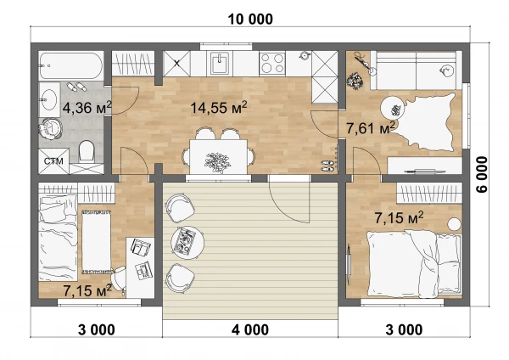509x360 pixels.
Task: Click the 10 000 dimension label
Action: pos(250,20)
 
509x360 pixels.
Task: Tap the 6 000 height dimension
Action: pos(482,174)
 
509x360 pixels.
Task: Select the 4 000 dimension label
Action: pos(250,329)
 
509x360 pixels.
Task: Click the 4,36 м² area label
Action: pos(87,107)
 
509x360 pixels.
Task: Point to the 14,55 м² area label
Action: pos(219,107)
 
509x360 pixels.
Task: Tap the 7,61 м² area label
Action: pos(371,128)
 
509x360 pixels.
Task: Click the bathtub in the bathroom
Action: pos(70,66)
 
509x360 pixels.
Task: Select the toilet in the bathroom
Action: pos(87,151)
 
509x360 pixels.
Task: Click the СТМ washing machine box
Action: pos(53,161)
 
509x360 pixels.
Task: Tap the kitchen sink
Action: pos(221,64)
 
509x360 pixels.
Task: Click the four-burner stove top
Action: pos(272,63)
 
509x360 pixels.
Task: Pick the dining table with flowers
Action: pos(218,156)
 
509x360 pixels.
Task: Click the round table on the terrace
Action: pos(187,242)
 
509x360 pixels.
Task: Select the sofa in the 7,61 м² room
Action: pos(417,70)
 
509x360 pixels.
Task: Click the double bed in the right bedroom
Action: pos(414,263)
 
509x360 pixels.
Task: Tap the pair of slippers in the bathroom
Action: pos(76,87)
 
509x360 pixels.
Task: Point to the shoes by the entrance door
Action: pos(327,166)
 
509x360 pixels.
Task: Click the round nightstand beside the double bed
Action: pos(454,224)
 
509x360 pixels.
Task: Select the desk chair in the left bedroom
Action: pos(118,278)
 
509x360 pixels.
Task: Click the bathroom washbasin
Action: pos(49,99)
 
